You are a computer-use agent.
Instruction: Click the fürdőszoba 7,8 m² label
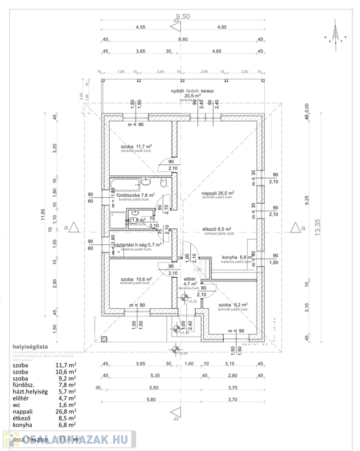coord(135,196)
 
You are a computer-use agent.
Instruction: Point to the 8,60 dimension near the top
coord(183,39)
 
